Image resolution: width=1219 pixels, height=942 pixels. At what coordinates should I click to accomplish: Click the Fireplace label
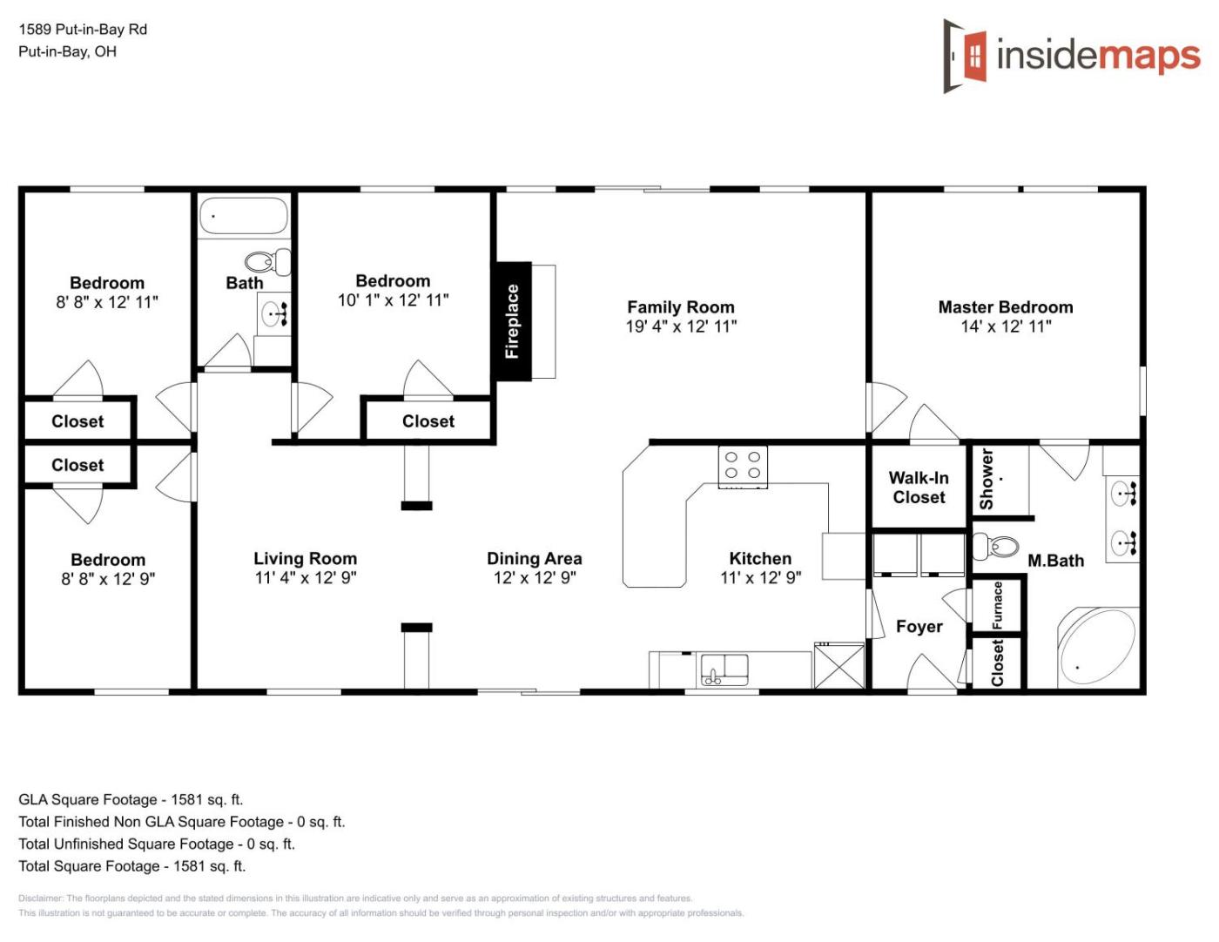coord(512,321)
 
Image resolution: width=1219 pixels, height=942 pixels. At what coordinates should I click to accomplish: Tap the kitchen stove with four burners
coord(743,467)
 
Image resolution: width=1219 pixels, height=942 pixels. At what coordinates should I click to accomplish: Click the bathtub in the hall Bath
coord(244,215)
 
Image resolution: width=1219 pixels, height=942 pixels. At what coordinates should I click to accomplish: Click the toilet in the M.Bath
coord(995,546)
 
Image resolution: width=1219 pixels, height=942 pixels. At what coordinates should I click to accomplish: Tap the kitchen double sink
coord(724,669)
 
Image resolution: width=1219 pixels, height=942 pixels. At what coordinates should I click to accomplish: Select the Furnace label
coord(998,605)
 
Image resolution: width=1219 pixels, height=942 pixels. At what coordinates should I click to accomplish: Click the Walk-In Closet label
coord(919,488)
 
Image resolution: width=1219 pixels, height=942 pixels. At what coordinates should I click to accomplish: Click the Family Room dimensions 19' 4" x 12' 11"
coord(681,326)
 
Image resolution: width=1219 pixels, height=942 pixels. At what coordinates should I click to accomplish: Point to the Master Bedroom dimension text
coord(1006,326)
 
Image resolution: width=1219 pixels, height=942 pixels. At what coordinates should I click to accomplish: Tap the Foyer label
coord(919,626)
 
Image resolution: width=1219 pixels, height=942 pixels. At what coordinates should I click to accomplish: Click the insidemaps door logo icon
coord(965,56)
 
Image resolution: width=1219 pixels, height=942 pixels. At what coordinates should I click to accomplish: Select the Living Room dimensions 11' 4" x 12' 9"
coord(306,577)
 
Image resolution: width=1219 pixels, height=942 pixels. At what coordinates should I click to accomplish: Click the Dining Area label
coord(534,558)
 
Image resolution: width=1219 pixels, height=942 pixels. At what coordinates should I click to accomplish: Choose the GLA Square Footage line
coord(131,799)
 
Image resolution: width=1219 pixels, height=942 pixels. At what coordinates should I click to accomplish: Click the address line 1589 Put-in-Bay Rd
coord(83,29)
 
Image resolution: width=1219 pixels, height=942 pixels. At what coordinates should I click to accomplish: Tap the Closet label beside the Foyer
coord(998,663)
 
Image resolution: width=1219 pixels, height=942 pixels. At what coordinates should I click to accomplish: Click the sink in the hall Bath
coord(273,313)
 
